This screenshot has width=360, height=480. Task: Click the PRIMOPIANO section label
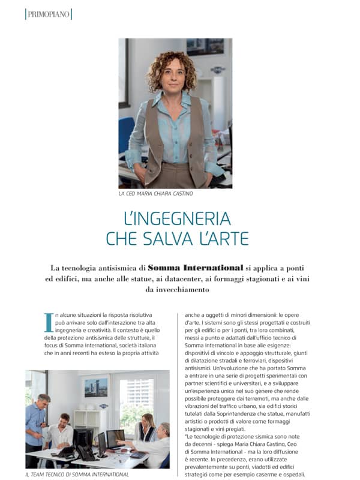(x=48, y=14)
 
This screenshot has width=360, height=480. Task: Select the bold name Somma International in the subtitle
(x=196, y=268)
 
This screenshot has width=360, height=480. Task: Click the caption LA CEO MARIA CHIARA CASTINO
(x=155, y=194)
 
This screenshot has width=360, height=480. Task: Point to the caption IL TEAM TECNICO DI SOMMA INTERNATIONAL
(x=77, y=474)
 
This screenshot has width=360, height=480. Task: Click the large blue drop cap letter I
(x=49, y=322)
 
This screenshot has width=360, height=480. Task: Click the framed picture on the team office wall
(x=96, y=388)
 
